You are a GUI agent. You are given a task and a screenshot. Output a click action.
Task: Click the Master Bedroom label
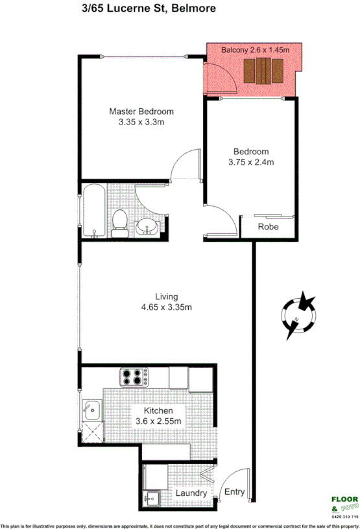tap(141, 111)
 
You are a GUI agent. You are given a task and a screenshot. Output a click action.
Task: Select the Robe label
tap(269, 227)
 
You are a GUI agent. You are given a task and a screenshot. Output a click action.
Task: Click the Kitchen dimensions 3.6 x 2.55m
tap(158, 422)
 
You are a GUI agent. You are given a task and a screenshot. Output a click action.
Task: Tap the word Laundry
tap(191, 493)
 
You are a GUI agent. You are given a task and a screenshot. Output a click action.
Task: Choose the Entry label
tap(234, 492)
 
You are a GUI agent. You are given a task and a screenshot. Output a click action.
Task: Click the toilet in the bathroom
tap(119, 222)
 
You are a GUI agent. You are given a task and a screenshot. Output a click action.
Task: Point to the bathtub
tap(93, 213)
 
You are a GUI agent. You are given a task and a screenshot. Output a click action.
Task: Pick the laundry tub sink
tap(154, 499)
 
